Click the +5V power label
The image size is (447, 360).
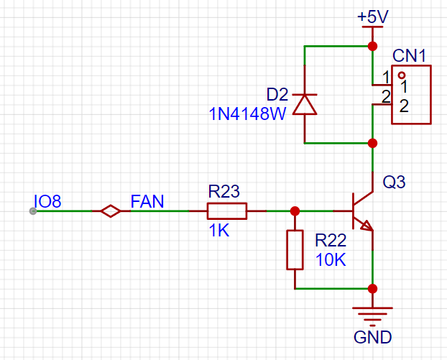[x=372, y=17]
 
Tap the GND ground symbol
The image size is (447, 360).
[x=372, y=317]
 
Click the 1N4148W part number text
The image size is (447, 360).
[x=247, y=114]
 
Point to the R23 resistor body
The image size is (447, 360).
[x=227, y=211]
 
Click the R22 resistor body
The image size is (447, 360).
[x=295, y=250]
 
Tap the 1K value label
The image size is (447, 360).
[x=219, y=231]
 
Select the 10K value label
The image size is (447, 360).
[x=331, y=259]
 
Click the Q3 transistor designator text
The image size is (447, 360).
[x=394, y=182]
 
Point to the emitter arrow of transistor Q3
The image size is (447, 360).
[x=367, y=226]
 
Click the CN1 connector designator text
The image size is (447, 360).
[x=409, y=55]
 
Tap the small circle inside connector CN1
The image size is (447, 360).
[x=402, y=75]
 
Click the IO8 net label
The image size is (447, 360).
[x=47, y=201]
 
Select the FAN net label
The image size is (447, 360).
[x=147, y=201]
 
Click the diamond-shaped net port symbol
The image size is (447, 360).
[x=111, y=211]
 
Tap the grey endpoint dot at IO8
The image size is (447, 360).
[x=33, y=211]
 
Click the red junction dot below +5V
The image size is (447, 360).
[x=372, y=46]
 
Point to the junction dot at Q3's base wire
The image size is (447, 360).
[x=295, y=211]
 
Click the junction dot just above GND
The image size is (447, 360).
[x=372, y=289]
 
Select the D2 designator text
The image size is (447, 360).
[x=277, y=94]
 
